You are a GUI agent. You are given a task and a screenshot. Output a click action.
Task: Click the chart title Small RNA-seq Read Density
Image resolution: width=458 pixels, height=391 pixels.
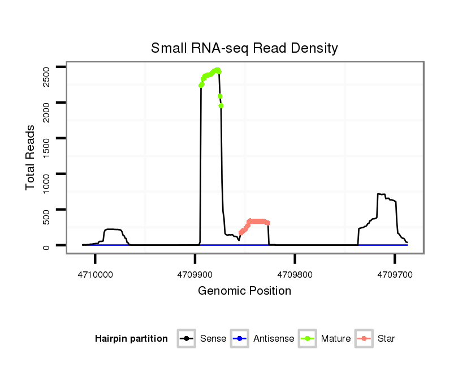(244, 48)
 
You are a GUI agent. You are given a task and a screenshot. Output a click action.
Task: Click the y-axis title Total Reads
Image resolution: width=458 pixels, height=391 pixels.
(31, 158)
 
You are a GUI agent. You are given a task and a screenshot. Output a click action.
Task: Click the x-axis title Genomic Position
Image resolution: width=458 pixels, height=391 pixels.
(244, 291)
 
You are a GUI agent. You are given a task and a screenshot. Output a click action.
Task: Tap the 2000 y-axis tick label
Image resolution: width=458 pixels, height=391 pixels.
(46, 110)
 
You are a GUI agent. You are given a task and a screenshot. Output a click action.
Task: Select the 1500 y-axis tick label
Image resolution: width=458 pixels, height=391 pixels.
(46, 146)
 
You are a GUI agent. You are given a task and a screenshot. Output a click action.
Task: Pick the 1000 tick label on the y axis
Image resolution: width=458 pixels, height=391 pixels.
(46, 182)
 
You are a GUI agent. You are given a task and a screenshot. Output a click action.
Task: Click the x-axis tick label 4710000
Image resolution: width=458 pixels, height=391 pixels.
(95, 274)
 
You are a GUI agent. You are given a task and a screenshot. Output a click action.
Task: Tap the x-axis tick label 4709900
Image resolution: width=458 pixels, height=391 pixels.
(195, 274)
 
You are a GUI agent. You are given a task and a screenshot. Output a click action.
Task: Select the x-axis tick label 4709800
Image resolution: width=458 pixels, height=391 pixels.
(295, 274)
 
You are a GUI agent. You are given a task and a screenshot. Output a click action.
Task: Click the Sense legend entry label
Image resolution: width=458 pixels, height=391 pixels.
(213, 339)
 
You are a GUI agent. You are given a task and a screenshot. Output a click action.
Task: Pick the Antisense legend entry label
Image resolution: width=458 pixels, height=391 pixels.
(274, 339)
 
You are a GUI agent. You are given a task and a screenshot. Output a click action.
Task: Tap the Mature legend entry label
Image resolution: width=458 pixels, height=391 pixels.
(336, 339)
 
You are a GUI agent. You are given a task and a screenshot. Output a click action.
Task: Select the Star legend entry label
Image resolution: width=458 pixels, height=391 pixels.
(386, 339)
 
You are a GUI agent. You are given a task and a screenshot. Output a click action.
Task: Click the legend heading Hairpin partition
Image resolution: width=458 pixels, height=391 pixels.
(131, 339)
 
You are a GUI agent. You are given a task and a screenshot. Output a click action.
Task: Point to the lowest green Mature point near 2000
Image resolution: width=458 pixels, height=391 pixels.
(221, 105)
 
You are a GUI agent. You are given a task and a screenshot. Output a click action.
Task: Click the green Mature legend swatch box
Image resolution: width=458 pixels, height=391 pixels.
(309, 339)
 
